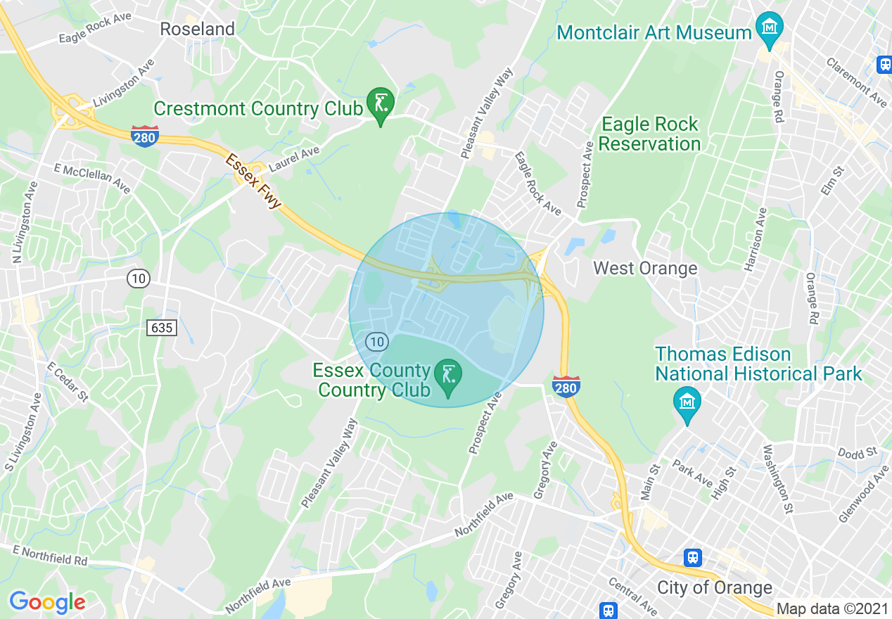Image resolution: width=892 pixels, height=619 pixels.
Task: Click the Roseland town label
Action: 197,29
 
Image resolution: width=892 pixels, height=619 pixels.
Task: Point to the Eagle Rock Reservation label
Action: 649,134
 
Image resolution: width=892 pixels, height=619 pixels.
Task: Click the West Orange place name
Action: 645,268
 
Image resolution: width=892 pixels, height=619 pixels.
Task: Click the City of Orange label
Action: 714,587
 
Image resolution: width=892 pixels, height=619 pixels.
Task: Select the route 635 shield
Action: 161,327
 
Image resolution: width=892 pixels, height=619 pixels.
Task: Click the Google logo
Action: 47,602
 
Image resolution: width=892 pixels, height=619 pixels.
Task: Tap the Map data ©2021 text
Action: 832,608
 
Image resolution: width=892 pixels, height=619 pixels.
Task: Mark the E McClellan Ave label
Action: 92,179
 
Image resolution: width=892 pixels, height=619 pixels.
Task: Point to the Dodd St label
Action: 857,453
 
